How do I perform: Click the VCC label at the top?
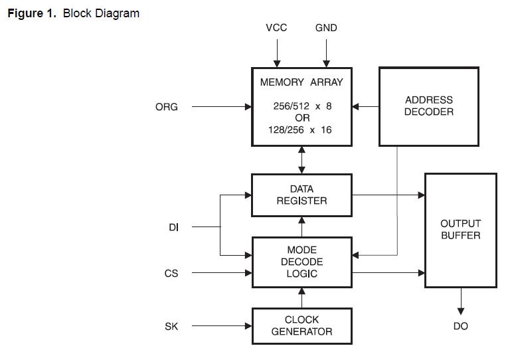click(276, 28)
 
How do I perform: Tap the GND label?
click(326, 28)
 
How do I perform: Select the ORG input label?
click(167, 106)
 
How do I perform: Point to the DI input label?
click(174, 227)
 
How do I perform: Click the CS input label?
click(171, 273)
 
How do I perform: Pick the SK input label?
click(171, 326)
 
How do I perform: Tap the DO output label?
click(461, 326)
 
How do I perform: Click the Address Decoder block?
click(428, 106)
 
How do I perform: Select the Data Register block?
click(301, 195)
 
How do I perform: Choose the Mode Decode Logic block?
click(301, 262)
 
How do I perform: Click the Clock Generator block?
click(301, 325)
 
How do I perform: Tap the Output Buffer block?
click(460, 230)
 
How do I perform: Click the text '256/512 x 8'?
click(301, 106)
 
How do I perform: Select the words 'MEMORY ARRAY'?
click(301, 83)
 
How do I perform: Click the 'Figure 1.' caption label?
click(32, 13)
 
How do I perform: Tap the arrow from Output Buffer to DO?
click(461, 302)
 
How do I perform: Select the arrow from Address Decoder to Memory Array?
click(365, 106)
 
